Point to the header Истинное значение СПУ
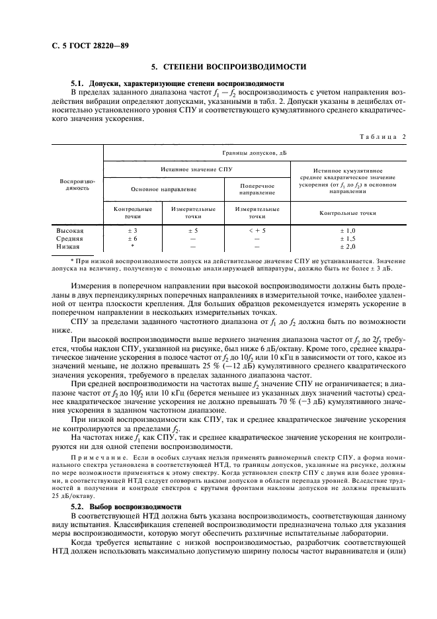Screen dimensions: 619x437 click(196, 169)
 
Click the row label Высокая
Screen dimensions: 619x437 click(71, 230)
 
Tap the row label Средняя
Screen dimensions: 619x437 click(71, 238)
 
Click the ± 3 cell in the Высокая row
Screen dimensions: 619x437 click(132, 230)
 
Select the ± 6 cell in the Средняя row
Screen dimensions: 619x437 click(132, 238)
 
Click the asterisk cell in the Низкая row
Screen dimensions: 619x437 click(132, 245)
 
